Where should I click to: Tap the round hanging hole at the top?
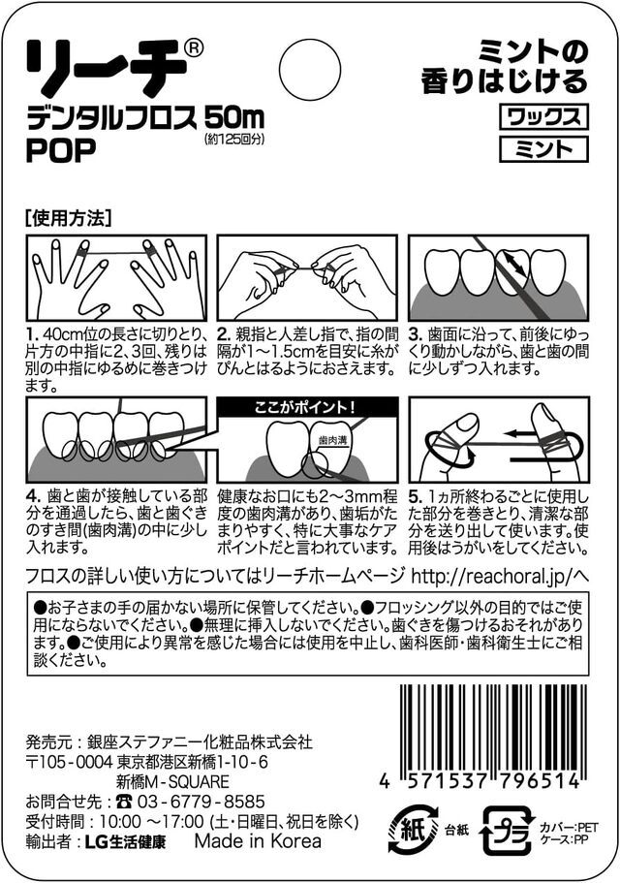pos(310,68)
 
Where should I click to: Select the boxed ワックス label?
pos(543,116)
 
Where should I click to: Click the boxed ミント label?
pos(543,148)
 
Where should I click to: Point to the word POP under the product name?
pos(61,149)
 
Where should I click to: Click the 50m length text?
pos(234,118)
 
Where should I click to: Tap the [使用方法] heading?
pos(69,218)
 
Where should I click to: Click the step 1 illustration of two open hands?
pos(116,277)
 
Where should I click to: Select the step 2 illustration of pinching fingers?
pos(307,277)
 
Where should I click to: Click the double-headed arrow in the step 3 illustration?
pos(516,264)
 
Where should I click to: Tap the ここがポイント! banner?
pos(308,406)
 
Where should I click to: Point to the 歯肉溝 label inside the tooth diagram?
pos(330,439)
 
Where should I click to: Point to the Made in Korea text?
pos(258,840)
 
